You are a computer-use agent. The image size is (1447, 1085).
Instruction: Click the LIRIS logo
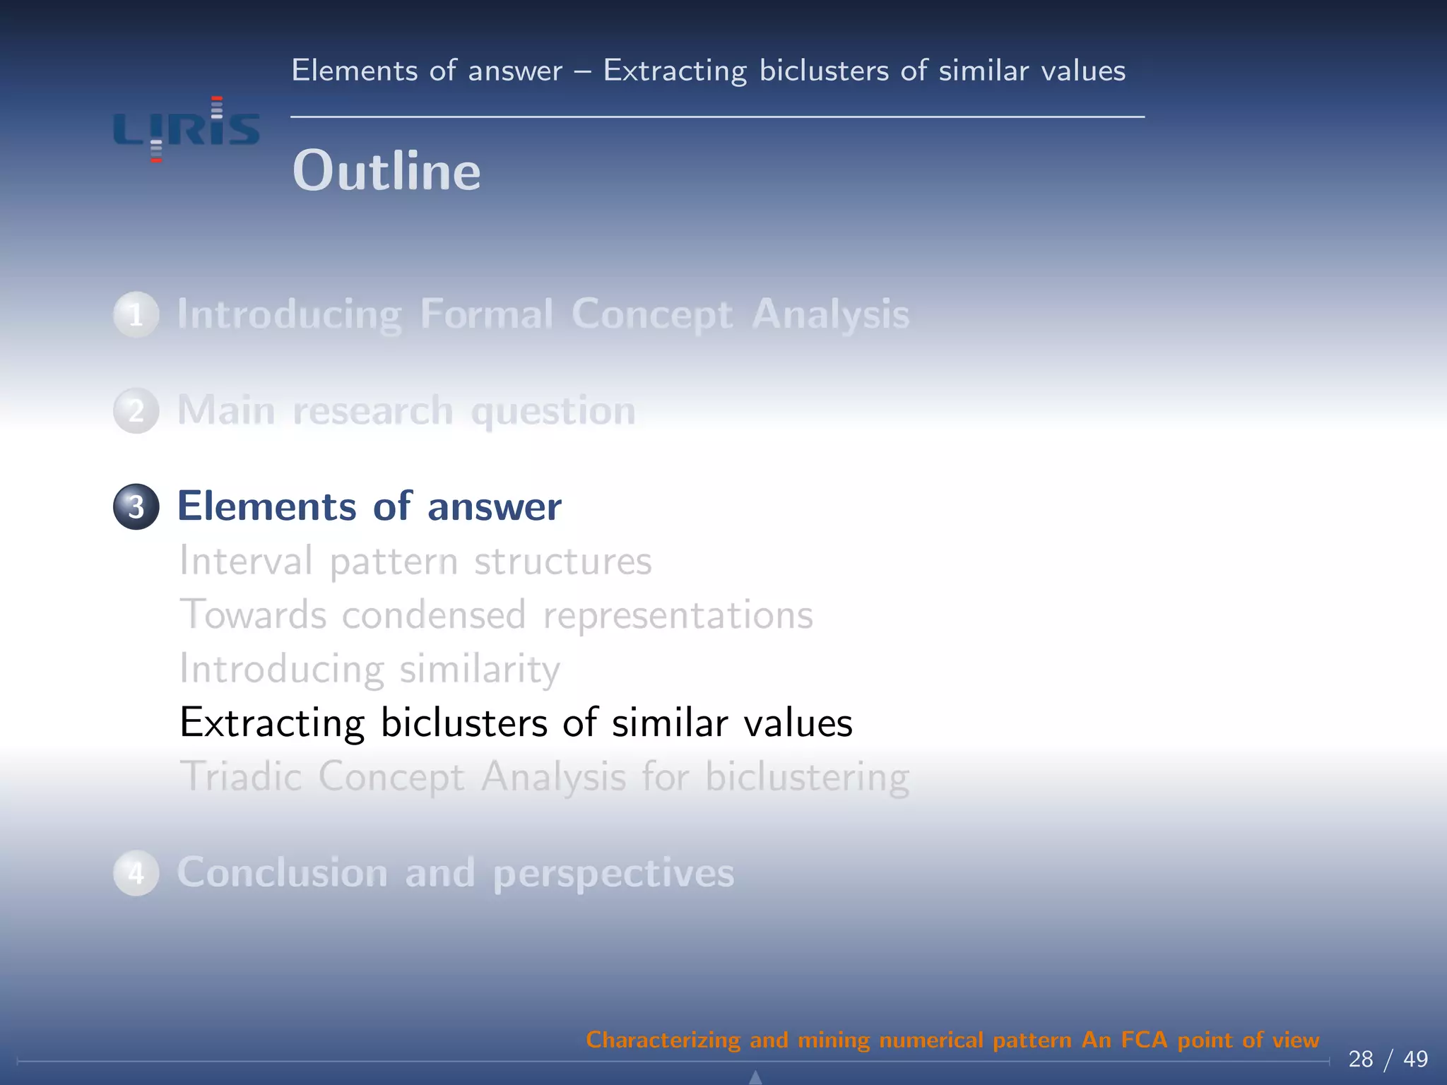187,130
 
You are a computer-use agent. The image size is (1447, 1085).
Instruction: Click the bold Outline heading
386,171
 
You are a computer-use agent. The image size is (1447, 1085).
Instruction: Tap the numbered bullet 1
136,314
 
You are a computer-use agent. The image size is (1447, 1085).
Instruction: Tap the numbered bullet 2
136,410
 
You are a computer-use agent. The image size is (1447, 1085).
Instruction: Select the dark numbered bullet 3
136,506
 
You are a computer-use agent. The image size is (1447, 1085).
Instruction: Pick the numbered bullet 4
136,873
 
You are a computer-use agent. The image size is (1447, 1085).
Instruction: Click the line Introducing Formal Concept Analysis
543,314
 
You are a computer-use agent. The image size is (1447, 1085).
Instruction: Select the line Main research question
406,410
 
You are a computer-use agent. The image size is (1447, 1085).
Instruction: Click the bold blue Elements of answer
369,506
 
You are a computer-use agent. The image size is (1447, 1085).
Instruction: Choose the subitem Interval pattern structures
415,562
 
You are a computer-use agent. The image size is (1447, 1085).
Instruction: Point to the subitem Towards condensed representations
496,615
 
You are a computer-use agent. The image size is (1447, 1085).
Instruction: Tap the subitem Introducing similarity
370,669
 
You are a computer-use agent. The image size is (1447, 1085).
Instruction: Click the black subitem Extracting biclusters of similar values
516,723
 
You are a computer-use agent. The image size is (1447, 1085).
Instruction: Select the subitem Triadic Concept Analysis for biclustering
544,777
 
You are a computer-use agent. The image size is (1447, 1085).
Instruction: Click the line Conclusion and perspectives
455,873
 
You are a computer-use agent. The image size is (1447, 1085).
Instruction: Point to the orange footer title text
952,1040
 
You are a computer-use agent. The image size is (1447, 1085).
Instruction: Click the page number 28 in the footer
1360,1059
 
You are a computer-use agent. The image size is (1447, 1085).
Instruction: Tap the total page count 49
1415,1059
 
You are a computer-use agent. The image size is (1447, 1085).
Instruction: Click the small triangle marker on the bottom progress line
755,1077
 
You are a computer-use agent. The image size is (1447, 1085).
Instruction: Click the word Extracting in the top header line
675,71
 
